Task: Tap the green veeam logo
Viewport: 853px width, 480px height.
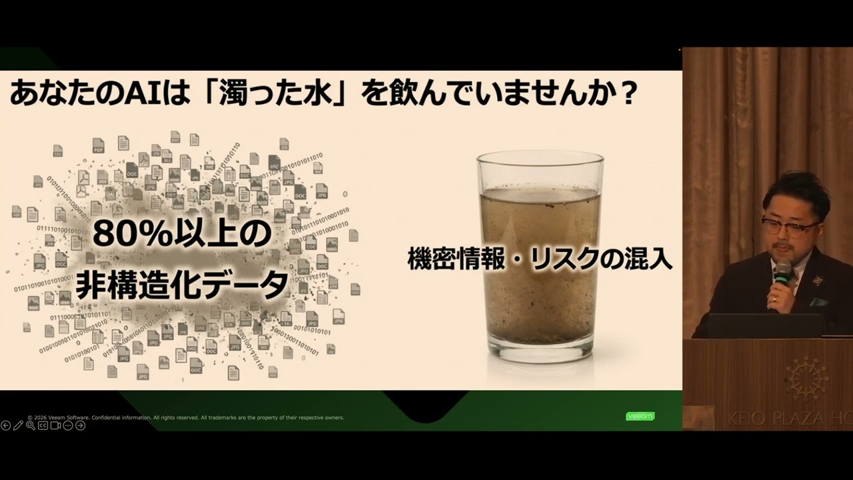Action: point(640,416)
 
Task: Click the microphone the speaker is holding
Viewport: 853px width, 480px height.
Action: point(782,274)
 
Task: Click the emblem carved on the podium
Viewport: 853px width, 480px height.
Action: point(806,377)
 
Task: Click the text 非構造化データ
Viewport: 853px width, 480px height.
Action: point(182,285)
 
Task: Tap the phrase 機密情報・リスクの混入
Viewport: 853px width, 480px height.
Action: point(540,259)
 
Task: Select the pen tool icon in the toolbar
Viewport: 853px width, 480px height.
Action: point(18,425)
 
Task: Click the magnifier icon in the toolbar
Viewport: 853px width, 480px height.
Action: point(31,425)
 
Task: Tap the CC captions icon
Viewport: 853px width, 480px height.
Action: point(43,425)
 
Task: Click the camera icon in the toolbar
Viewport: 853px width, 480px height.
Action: point(55,425)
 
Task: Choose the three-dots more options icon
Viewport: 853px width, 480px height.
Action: point(68,425)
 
